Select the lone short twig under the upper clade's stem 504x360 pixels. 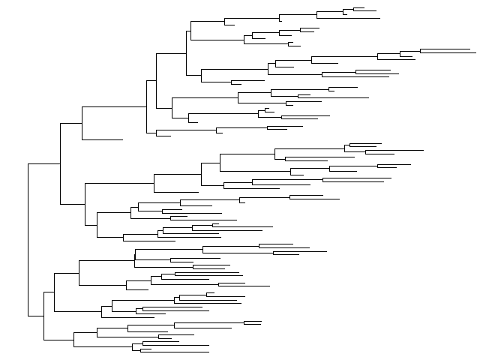102,139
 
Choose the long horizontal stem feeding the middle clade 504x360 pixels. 120,182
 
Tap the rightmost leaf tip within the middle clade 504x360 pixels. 423,150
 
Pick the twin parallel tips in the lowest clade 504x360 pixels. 253,322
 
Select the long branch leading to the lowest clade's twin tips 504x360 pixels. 209,322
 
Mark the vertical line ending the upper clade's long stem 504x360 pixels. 147,107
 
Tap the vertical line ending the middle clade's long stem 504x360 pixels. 154,182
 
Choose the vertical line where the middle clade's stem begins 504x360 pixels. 85,203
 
